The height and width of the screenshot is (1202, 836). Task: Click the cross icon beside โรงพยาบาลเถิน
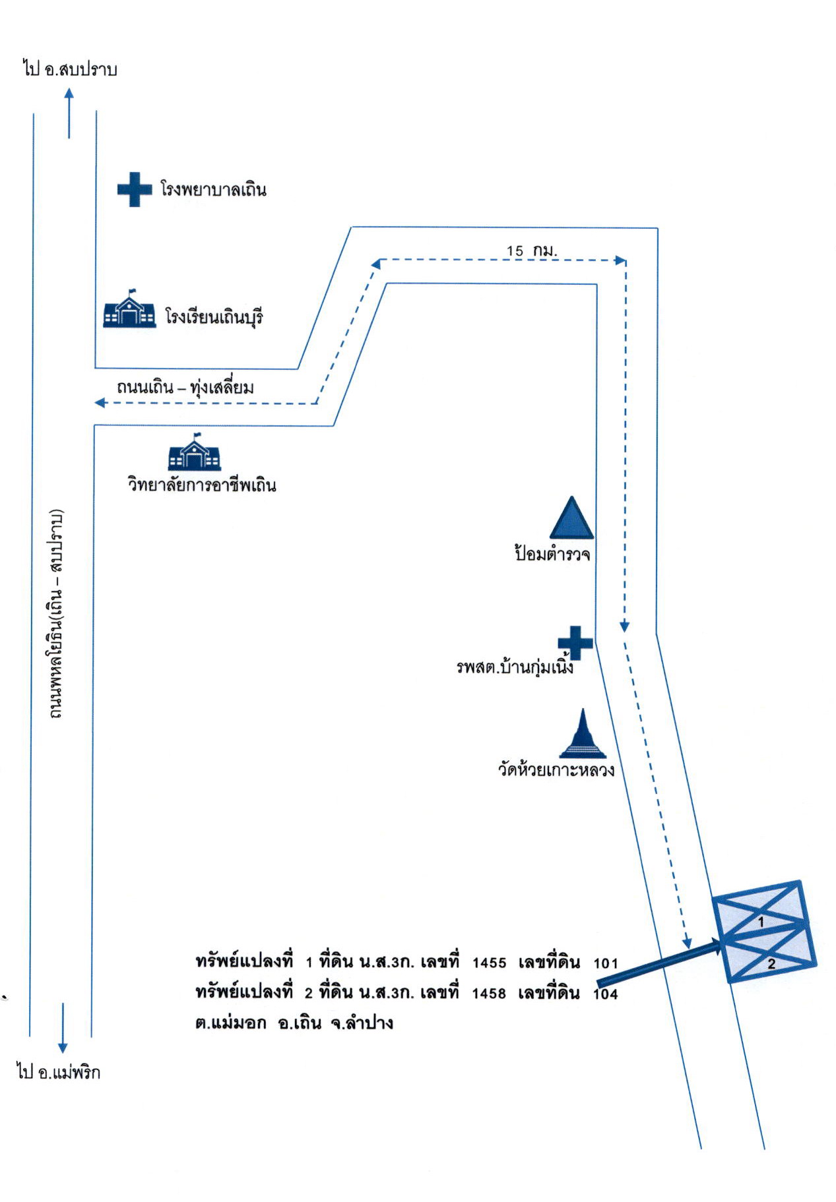[135, 190]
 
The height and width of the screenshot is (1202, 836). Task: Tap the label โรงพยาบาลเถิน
[213, 190]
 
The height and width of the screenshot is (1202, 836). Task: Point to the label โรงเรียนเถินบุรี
[214, 317]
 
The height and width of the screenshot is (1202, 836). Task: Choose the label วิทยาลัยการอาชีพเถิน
[202, 485]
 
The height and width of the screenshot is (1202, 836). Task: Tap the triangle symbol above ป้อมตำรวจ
[571, 518]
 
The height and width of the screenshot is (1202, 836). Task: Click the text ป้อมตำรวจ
[552, 553]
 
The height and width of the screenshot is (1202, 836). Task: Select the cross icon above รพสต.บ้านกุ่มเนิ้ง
[575, 642]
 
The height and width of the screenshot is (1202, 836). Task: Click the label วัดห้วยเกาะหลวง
[556, 769]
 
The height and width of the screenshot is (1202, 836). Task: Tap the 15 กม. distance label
[532, 251]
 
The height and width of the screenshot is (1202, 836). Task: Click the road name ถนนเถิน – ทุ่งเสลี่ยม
[185, 387]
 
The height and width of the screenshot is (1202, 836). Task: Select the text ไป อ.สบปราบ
[70, 69]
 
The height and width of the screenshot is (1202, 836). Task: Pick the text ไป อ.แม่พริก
[59, 1072]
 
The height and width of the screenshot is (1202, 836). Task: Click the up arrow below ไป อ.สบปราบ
[69, 113]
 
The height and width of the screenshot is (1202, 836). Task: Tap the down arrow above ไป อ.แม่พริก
[63, 1028]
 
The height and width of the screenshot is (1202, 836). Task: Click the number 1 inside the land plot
[761, 922]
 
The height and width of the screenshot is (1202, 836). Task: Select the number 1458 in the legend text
[489, 994]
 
